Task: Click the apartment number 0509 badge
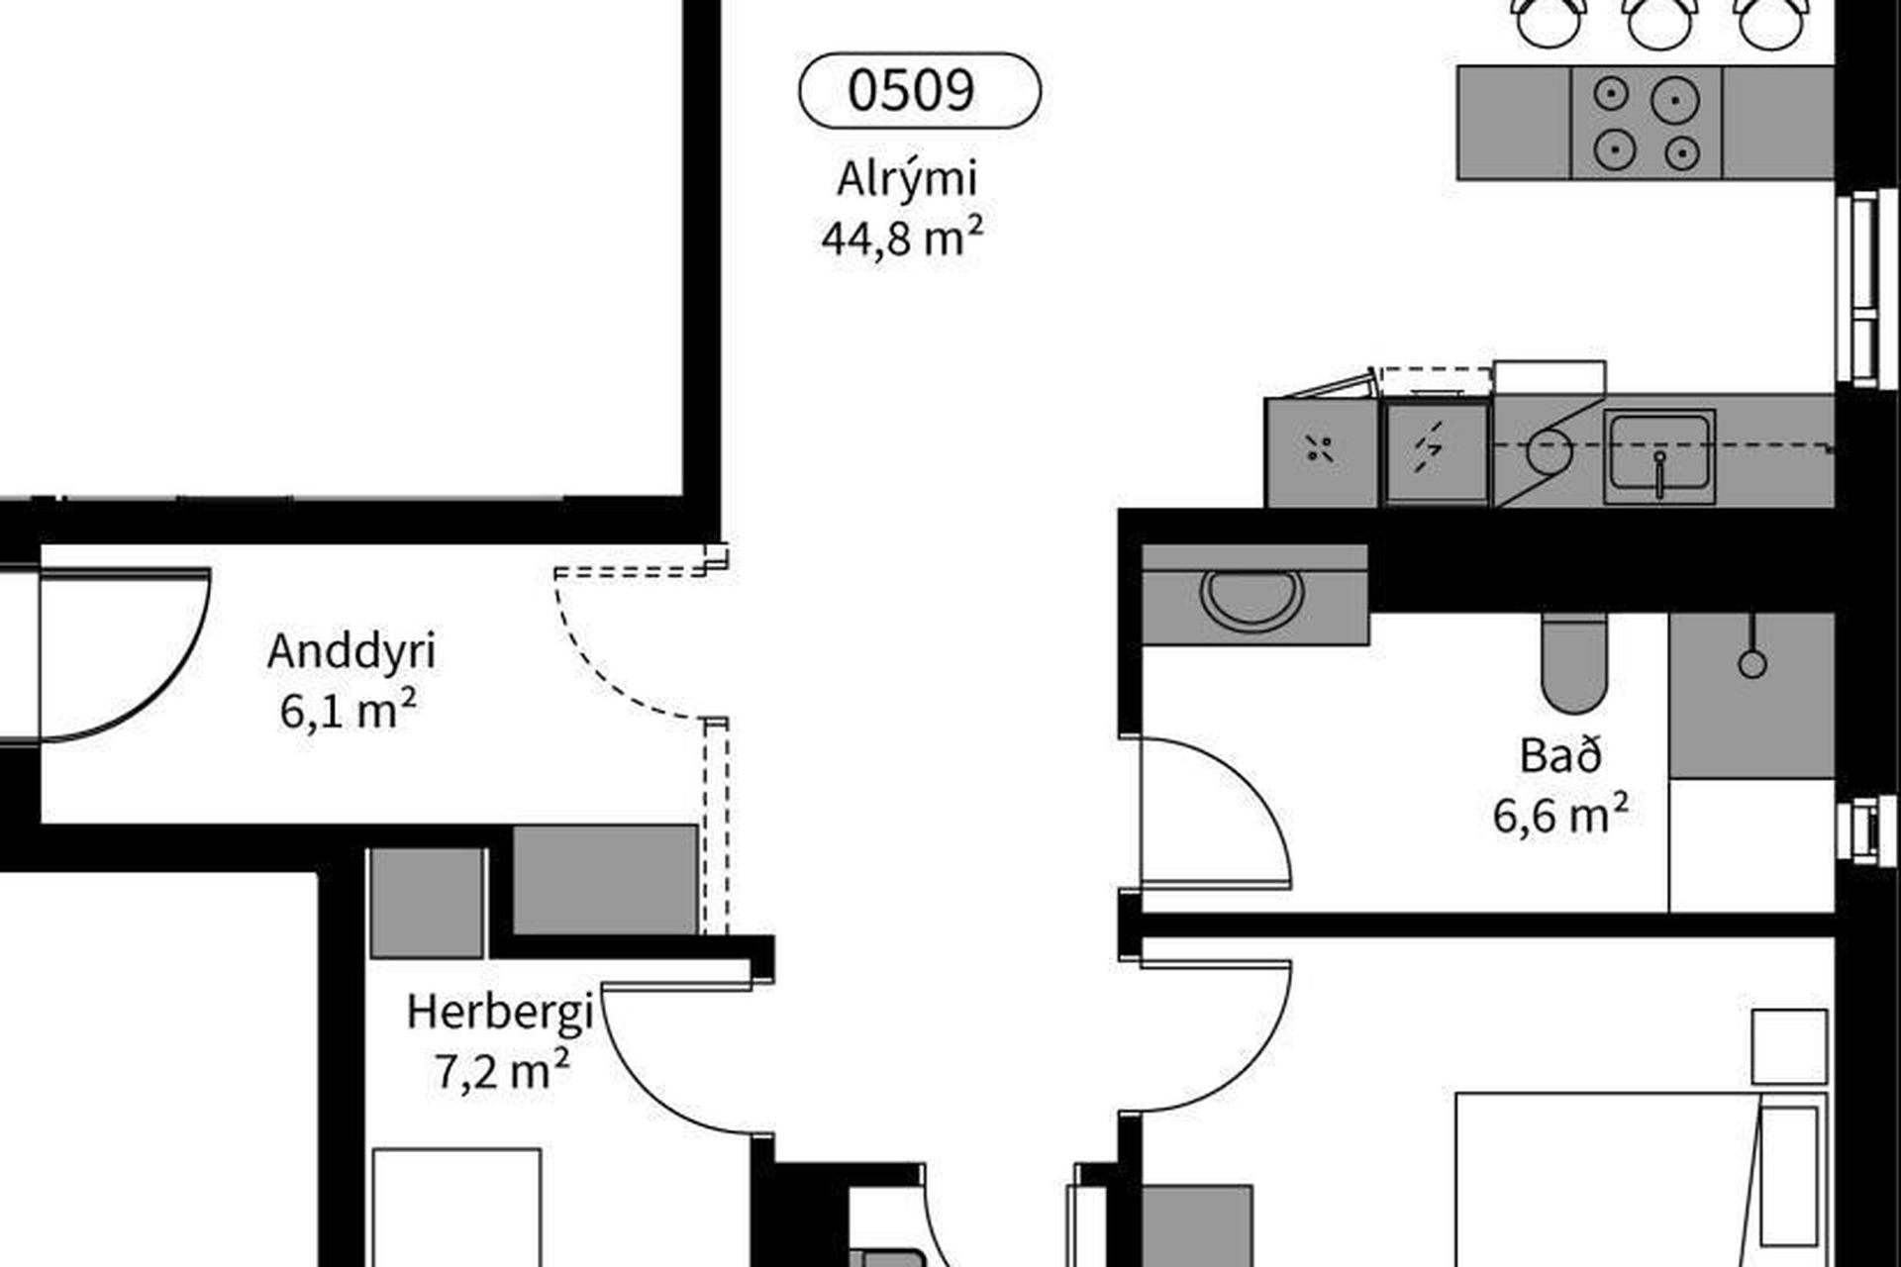tap(920, 90)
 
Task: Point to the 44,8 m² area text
tap(902, 238)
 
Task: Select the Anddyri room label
tap(351, 653)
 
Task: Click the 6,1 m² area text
tap(348, 711)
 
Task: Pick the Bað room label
tap(1560, 755)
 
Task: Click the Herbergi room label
tap(500, 1012)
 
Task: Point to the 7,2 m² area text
tap(502, 1070)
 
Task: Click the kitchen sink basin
tap(1659, 454)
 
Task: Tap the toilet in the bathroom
tap(1573, 661)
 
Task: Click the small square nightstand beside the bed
tap(1789, 1046)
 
